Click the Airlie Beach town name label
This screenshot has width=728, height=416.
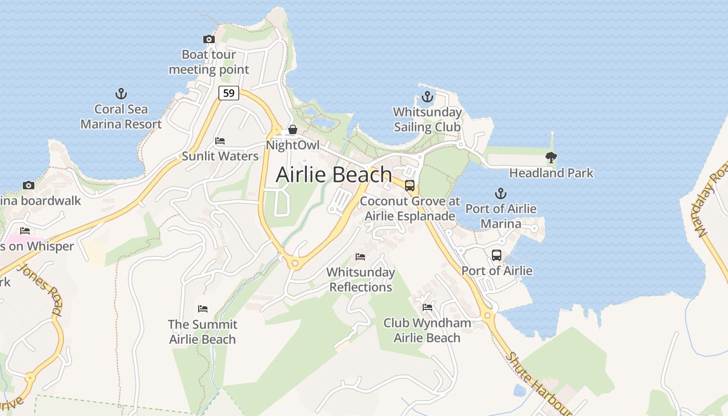click(333, 175)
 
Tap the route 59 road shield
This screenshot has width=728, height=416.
click(228, 93)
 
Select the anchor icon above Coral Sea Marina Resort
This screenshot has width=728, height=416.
click(121, 94)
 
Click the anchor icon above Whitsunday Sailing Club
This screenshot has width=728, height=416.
click(427, 97)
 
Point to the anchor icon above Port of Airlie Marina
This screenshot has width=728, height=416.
click(500, 194)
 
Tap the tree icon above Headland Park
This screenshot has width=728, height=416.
click(551, 157)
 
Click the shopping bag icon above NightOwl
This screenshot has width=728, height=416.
click(293, 129)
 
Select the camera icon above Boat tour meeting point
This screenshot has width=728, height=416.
click(209, 39)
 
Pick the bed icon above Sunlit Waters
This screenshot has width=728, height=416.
click(220, 141)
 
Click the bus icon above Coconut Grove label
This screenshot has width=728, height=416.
click(410, 186)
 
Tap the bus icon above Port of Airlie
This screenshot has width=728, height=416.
click(497, 255)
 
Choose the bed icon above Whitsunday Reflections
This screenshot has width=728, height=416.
click(360, 257)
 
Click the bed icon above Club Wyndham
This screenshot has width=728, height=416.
click(427, 307)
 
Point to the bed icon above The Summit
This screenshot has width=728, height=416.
click(203, 309)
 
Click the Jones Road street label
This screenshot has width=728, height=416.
click(40, 289)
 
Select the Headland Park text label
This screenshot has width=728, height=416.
click(551, 173)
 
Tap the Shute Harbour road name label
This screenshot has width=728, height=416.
click(538, 383)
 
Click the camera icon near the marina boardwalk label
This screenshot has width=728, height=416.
click(29, 186)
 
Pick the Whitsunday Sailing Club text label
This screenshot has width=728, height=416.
click(427, 120)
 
